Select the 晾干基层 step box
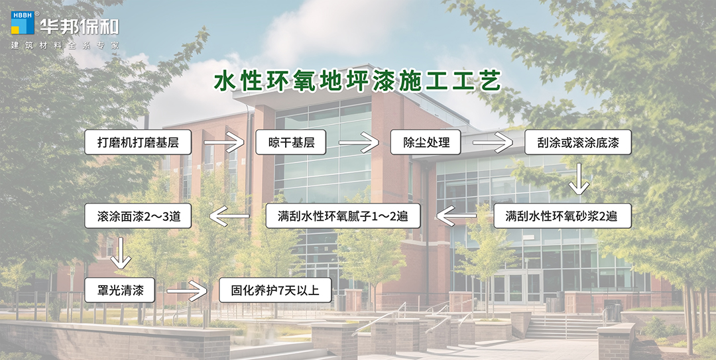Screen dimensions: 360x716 (290, 143)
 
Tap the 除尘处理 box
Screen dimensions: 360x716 (425, 143)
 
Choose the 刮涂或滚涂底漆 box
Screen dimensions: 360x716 (577, 143)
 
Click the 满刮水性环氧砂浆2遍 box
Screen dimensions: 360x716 (562, 215)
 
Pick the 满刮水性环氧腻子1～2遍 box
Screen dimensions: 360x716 (343, 215)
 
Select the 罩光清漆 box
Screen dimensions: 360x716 (119, 290)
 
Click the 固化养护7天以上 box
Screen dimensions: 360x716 (275, 290)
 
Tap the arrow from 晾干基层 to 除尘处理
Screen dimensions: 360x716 (359, 143)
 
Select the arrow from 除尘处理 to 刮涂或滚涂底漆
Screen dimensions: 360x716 (493, 143)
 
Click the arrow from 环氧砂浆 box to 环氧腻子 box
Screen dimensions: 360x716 (456, 215)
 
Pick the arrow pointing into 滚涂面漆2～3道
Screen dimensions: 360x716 (229, 215)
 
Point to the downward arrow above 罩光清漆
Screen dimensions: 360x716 (120, 253)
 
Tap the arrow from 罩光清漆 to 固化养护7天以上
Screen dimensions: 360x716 (187, 290)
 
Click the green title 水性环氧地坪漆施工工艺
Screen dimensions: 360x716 (357, 80)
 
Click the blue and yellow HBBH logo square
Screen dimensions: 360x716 (22, 23)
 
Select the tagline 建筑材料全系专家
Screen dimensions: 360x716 (65, 45)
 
